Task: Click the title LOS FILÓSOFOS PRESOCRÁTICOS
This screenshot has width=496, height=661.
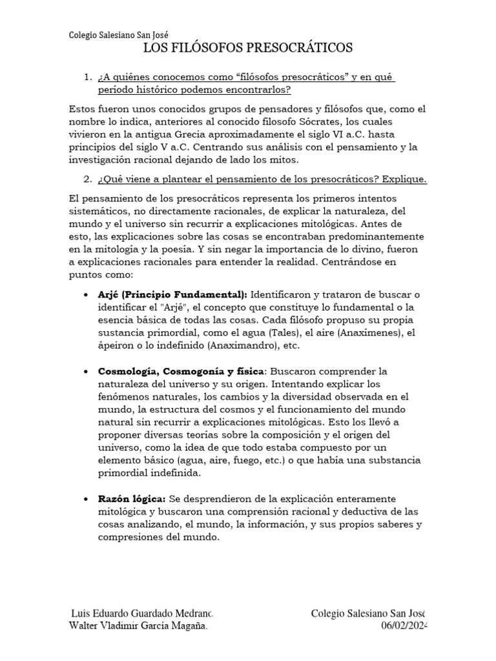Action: [247, 48]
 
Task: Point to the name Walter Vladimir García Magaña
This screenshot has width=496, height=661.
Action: [138, 625]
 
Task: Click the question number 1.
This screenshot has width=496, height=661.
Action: [88, 77]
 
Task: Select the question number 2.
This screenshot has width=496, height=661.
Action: [88, 179]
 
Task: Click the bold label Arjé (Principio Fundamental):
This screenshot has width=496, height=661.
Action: [172, 294]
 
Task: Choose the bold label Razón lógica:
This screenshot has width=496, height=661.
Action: [132, 499]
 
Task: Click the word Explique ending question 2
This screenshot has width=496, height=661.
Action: [406, 179]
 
